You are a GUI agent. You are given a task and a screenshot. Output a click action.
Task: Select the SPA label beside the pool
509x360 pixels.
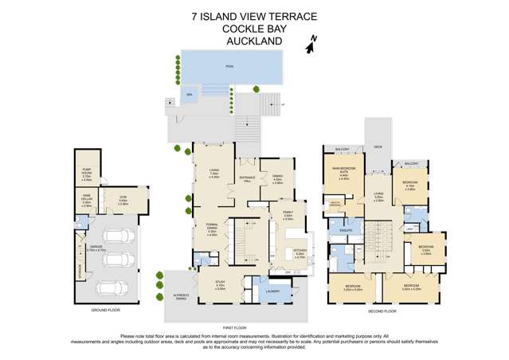(x=189, y=94)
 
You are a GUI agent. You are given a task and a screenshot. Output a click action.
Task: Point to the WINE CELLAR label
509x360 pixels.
(x=87, y=203)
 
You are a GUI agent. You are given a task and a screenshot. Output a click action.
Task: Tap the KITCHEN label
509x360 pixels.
(x=300, y=254)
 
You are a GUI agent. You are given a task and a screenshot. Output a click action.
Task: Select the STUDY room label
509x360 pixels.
(x=221, y=284)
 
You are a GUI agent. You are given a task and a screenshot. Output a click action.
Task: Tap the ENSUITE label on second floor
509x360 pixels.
(x=345, y=230)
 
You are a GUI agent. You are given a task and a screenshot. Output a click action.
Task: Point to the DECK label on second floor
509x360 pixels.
(x=378, y=147)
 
